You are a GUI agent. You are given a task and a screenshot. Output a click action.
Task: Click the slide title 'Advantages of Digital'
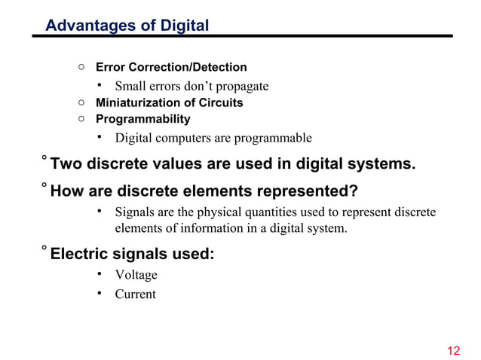coord(127,26)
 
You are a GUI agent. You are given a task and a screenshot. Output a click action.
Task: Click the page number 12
coord(453,350)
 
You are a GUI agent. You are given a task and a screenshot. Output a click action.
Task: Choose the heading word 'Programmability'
coord(142,119)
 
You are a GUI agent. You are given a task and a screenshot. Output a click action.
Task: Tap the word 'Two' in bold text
coord(66,163)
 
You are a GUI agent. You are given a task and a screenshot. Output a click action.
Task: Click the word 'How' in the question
coord(66,190)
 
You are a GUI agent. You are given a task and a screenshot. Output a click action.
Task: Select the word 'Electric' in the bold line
coord(81,254)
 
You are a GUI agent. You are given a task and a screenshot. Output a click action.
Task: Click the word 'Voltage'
coord(136,275)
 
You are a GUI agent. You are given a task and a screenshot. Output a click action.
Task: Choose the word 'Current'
coord(135,294)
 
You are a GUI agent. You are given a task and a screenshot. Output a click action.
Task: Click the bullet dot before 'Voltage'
coord(99,275)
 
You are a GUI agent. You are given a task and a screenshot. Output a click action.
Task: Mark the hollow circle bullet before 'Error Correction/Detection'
coord(81,68)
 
